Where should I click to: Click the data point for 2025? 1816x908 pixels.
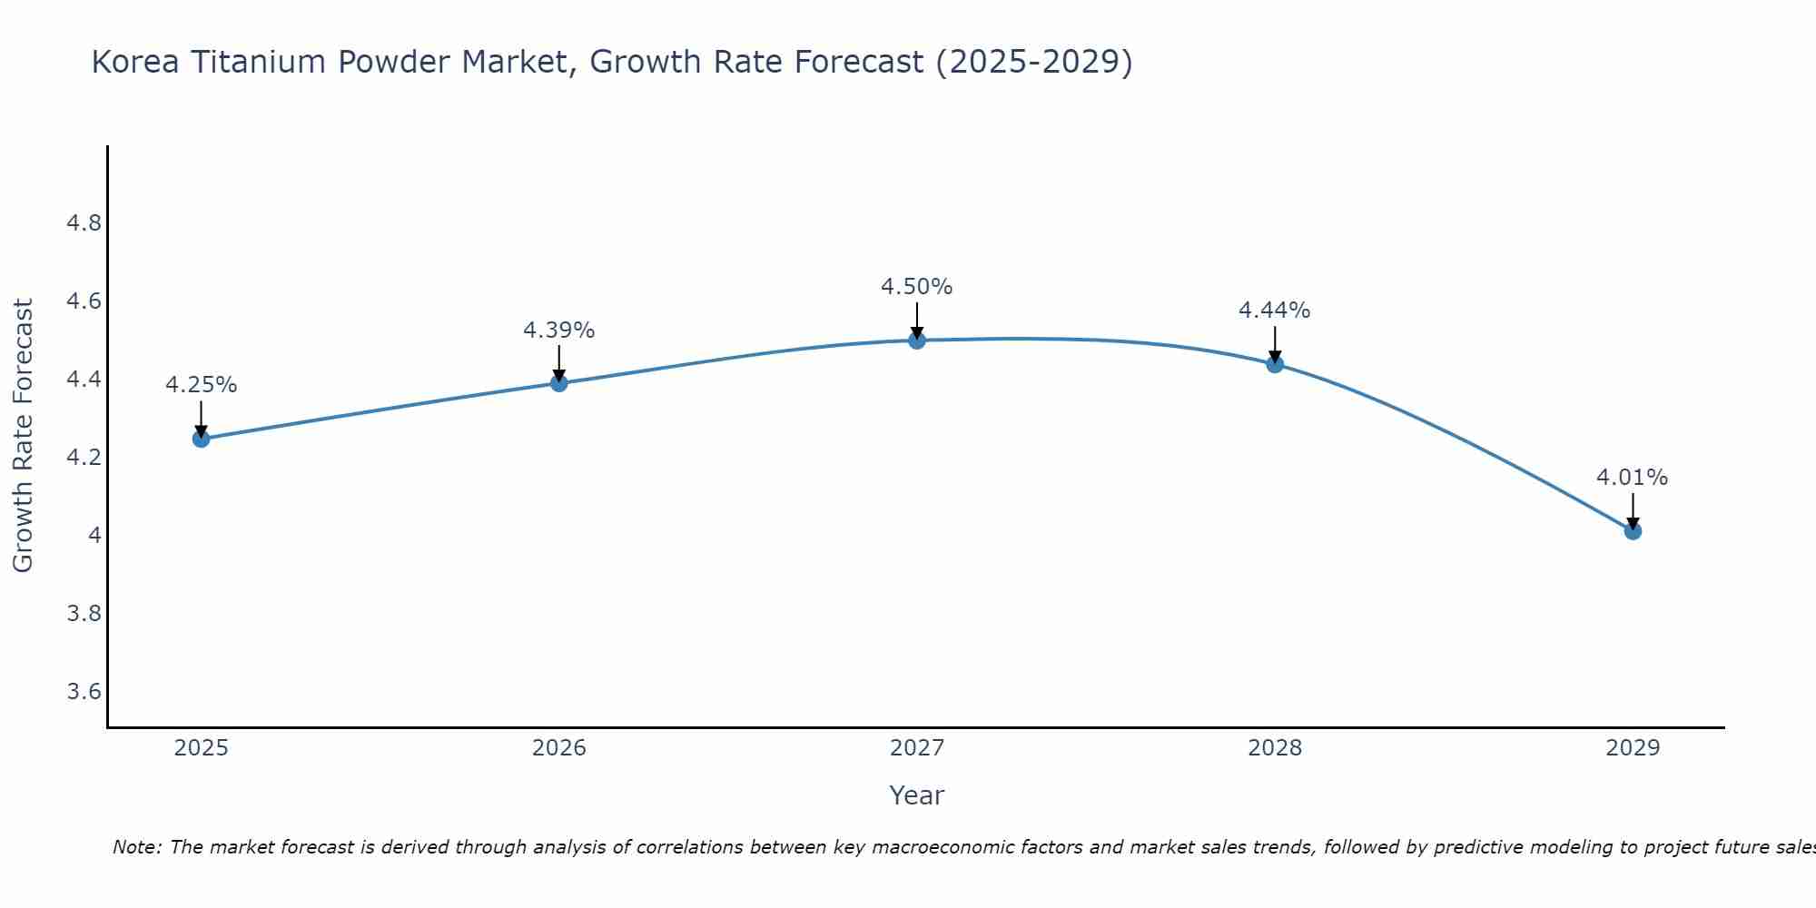[x=201, y=439]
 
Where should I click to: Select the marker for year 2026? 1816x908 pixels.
[x=558, y=383]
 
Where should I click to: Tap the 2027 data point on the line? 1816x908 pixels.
[x=916, y=340]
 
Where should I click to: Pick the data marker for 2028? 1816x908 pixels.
[x=1274, y=364]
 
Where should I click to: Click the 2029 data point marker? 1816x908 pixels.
[x=1632, y=531]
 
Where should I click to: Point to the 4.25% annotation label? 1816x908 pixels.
[x=201, y=385]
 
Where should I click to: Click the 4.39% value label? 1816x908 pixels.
[x=558, y=331]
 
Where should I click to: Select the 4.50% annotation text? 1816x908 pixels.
[x=916, y=287]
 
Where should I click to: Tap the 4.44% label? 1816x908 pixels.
[x=1274, y=311]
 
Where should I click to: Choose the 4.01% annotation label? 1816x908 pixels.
[x=1632, y=478]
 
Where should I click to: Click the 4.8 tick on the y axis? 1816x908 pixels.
[x=84, y=223]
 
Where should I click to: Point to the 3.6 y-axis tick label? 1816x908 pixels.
[x=84, y=692]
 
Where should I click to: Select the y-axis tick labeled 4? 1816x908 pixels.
[x=94, y=536]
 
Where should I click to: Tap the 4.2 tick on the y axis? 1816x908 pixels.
[x=84, y=458]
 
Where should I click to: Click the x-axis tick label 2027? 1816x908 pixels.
[x=916, y=748]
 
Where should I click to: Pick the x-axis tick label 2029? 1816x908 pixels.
[x=1632, y=748]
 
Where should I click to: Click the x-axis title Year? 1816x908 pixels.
[x=916, y=795]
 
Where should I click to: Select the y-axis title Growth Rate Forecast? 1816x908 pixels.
[x=23, y=436]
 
